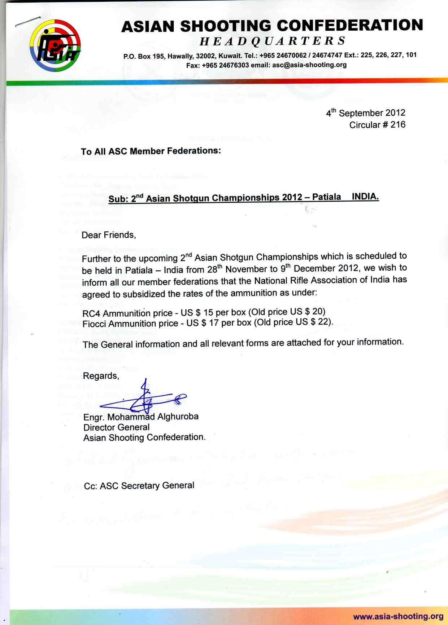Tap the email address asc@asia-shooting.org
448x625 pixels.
(x=309, y=65)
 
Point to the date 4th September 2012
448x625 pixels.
(x=365, y=113)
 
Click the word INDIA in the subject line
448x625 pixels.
(x=365, y=197)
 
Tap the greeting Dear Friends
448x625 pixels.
(x=109, y=235)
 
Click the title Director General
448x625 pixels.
(x=116, y=427)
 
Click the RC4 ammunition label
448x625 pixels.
(x=91, y=313)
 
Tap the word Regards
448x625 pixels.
(x=101, y=376)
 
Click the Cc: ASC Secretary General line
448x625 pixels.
(x=139, y=486)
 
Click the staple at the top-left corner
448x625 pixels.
(x=27, y=22)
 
